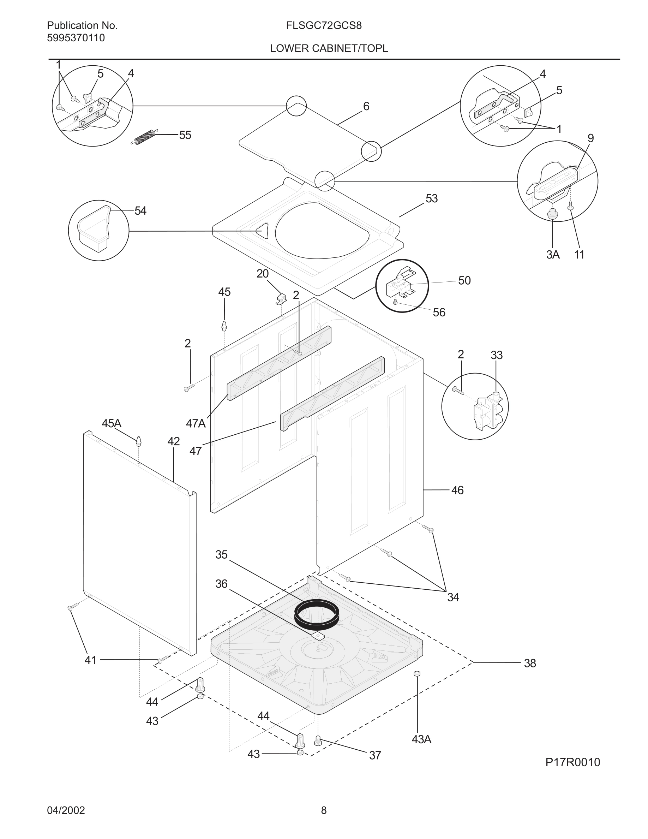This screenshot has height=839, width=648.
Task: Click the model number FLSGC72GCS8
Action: (x=323, y=26)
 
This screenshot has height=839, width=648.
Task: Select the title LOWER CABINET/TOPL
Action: (x=329, y=48)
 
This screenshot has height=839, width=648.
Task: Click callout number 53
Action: (x=432, y=198)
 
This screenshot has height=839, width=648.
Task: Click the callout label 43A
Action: (x=421, y=739)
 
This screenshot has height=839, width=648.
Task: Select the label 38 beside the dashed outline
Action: (x=530, y=663)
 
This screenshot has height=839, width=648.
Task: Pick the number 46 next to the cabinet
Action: (x=457, y=490)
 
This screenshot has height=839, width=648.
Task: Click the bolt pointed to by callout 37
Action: (x=318, y=740)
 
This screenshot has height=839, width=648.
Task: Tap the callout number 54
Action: (x=140, y=211)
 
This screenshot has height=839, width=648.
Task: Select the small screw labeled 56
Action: (x=395, y=302)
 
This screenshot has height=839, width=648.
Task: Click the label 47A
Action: (x=196, y=423)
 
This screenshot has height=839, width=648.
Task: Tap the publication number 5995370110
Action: (x=76, y=38)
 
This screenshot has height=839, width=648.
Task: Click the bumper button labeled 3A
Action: (x=552, y=214)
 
